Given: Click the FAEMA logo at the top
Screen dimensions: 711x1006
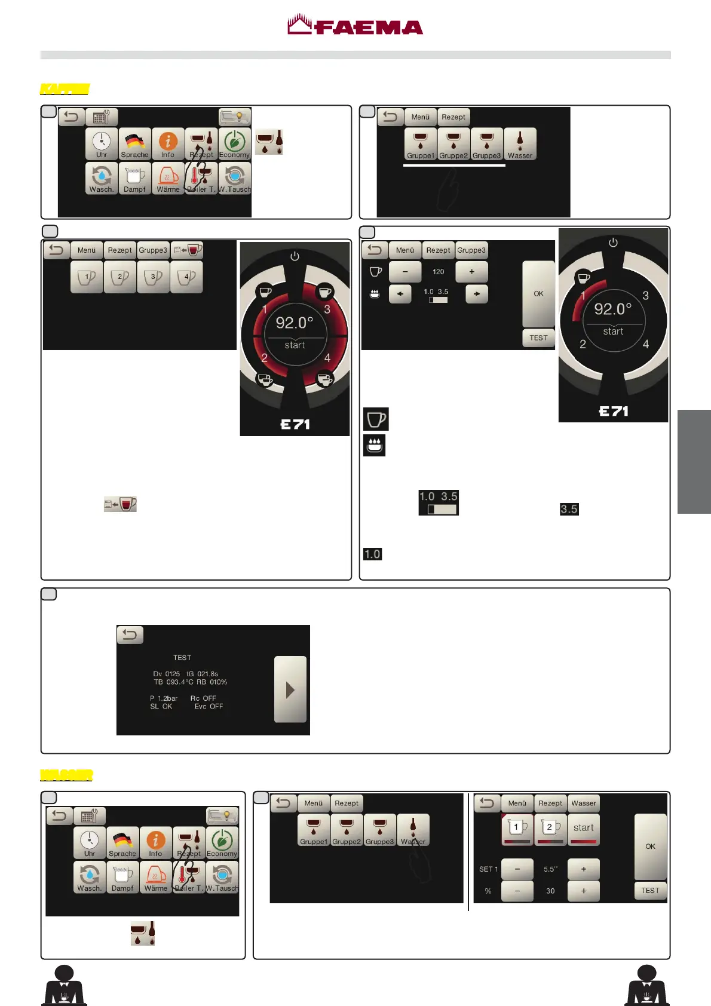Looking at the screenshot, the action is coord(355,26).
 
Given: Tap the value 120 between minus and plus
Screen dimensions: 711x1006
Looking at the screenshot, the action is coord(438,272).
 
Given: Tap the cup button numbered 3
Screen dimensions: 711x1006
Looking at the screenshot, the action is coord(153,278).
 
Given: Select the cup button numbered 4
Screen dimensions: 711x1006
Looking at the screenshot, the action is coord(186,278).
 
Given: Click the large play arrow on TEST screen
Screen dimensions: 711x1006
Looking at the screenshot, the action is coord(290,690).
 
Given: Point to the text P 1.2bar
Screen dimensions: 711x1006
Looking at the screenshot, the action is coord(164,698).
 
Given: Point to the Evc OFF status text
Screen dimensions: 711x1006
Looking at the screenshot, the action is coord(209,707).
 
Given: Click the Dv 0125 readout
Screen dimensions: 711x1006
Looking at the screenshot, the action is coord(166,674).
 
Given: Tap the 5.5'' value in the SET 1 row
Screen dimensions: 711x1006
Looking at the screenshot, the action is coord(550,870).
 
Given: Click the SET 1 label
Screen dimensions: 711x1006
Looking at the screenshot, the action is coord(488,870).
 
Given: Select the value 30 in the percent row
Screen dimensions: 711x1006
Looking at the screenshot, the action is coord(550,891).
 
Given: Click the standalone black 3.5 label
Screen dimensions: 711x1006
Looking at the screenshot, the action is coord(569,510).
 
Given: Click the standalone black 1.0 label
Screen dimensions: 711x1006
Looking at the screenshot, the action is coord(372,554).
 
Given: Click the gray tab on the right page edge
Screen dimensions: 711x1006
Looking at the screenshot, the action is coord(694,462).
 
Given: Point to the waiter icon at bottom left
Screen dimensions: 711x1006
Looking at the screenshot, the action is coord(64,985).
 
